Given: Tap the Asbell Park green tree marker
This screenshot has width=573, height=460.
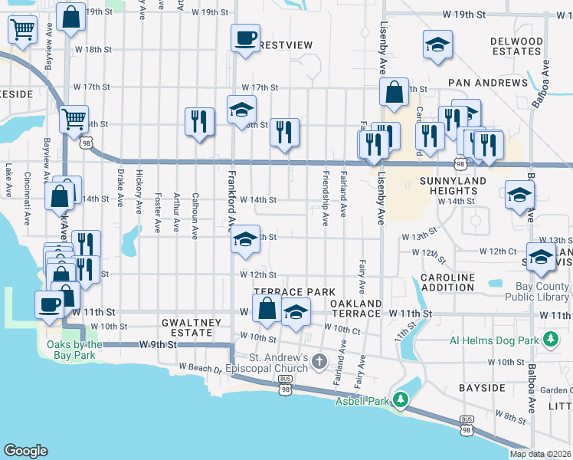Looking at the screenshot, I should (400, 399).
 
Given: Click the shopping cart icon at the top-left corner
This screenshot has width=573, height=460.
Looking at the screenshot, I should (23, 31).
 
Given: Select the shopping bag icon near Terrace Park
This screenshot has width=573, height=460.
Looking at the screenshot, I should (267, 309).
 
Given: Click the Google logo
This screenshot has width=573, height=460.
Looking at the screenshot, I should (26, 451).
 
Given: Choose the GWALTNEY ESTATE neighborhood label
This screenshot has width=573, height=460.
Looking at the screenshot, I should (185, 328).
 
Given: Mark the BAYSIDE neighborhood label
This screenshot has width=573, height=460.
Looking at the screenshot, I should (482, 388).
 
